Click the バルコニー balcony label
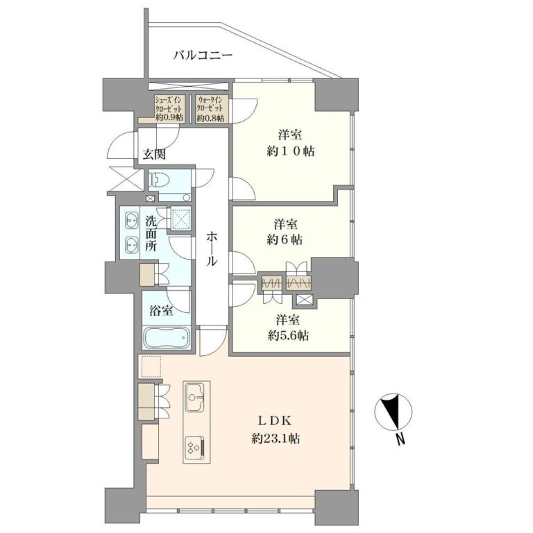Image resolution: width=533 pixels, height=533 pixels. (203, 55)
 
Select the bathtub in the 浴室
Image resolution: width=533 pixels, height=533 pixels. (166, 337)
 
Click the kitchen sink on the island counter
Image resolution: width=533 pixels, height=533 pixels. (194, 396)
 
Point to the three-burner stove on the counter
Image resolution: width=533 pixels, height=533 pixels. (195, 446)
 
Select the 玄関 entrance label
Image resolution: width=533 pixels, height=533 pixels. (153, 155)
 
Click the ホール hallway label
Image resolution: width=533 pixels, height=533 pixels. (212, 249)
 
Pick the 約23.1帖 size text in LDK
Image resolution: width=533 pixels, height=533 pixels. (276, 439)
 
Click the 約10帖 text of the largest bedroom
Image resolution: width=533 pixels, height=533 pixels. (291, 151)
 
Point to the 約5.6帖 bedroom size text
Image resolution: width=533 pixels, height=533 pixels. (288, 336)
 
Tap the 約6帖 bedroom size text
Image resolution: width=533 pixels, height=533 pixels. (285, 239)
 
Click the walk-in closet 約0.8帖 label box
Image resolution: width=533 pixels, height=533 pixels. (211, 108)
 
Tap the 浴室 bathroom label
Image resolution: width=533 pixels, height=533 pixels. (161, 310)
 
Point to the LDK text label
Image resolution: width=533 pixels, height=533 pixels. (275, 421)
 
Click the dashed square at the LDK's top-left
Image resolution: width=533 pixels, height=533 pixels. (151, 366)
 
